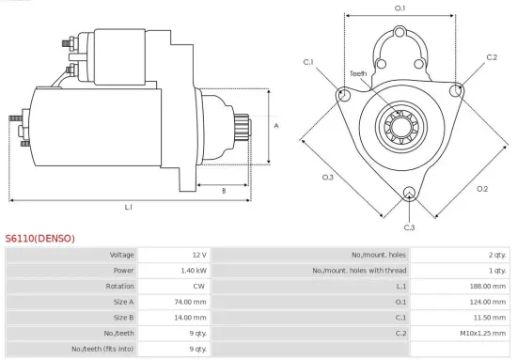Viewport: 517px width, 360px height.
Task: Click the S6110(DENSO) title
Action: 39,239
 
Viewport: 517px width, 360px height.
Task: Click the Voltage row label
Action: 122,255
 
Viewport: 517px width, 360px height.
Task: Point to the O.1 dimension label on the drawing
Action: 399,8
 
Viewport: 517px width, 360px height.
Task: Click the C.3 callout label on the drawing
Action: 409,227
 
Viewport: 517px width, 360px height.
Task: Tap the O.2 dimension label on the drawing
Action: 482,189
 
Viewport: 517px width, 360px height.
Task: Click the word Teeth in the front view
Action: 358,73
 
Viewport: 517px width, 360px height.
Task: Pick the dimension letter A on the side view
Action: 275,125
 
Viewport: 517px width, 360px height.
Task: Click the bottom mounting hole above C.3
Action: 409,195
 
